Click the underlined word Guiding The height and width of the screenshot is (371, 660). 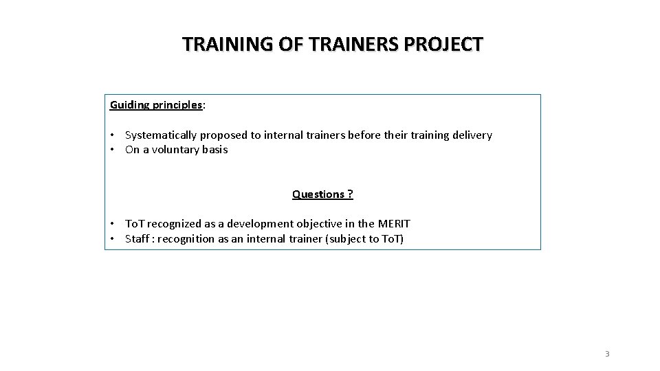129,105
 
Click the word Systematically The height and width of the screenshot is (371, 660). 161,135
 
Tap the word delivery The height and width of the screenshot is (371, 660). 471,135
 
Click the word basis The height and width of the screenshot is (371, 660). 214,150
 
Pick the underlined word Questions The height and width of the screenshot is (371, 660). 318,194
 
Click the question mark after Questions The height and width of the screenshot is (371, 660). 350,194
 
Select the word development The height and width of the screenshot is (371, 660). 265,224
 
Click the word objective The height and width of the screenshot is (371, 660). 328,224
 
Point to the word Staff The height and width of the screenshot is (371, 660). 137,239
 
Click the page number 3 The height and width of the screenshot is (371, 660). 607,354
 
